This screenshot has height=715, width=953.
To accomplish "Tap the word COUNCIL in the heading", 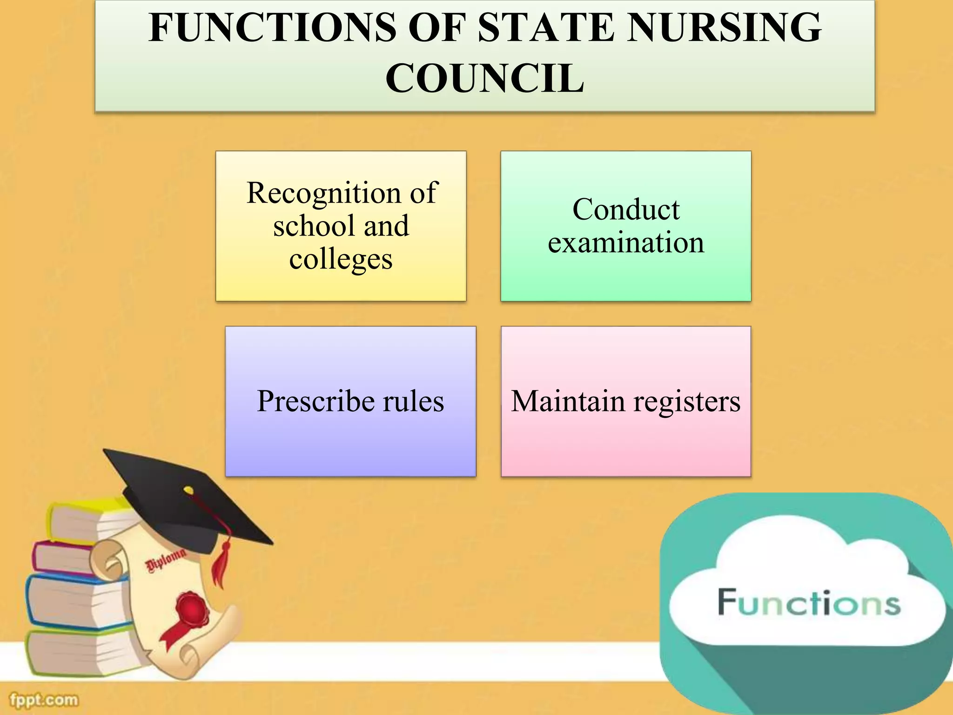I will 484,78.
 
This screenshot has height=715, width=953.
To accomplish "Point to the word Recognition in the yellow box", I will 323,193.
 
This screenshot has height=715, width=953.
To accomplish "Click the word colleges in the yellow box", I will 341,259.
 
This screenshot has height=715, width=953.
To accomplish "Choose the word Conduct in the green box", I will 626,209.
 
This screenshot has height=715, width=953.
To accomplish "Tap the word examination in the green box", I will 626,243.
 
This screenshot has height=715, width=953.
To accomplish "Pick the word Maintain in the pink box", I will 568,401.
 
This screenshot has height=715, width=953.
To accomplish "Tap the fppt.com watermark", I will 44,700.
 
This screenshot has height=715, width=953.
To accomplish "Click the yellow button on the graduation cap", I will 188,490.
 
